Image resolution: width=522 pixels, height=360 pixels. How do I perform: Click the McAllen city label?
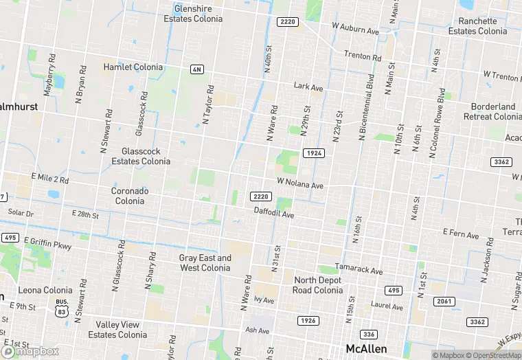366,348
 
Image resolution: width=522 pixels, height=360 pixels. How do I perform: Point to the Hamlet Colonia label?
133,67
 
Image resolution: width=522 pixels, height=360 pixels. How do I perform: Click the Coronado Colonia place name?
129,196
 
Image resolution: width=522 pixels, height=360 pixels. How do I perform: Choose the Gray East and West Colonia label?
205,262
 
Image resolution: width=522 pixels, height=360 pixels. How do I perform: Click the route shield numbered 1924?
313,153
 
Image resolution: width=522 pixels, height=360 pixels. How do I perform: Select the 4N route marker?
197,69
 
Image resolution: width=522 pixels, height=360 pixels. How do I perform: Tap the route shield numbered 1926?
308,321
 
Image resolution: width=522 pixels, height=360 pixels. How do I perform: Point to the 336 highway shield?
369,334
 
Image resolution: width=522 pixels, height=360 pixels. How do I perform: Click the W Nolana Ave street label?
299,185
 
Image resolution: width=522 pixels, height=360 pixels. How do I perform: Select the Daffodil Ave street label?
273,214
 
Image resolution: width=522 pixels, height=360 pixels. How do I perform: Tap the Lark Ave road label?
308,88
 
